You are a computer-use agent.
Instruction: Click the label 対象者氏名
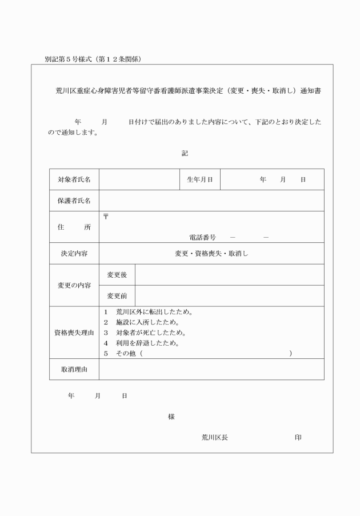[74, 179]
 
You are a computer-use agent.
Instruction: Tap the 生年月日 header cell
[200, 179]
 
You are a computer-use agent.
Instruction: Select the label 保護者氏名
[74, 201]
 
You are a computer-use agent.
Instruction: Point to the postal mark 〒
[106, 217]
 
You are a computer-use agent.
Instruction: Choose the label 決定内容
[74, 254]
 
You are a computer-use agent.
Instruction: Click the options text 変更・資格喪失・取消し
[211, 254]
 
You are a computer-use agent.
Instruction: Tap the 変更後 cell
[117, 275]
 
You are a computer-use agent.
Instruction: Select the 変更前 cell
[117, 296]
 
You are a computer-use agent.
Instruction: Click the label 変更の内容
[74, 285]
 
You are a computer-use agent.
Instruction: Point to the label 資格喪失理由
[74, 333]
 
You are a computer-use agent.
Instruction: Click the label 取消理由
[74, 370]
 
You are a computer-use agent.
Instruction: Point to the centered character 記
[185, 153]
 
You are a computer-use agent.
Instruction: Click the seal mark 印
[298, 437]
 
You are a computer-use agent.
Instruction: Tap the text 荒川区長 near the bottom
[215, 437]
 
